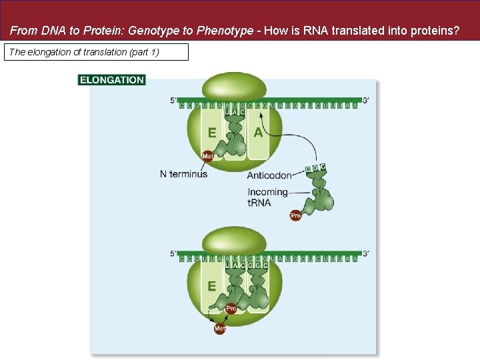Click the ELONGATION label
pos(111,80)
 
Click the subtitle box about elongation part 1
pos(96,52)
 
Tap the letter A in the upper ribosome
pos(258,133)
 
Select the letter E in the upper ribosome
pos(212,133)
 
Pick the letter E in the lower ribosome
pos(212,286)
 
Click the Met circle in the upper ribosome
pos(207,156)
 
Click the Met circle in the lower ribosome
pos(220,329)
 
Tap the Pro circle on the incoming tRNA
pos(296,215)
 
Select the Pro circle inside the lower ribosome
pos(231,309)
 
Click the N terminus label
pos(183,174)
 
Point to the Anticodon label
pos(269,175)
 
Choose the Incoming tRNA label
pos(267,197)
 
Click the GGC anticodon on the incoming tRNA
pos(315,168)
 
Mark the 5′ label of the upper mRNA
pos(173,101)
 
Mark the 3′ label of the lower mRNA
pos(365,253)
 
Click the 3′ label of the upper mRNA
pos(365,101)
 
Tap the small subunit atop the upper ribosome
pos(234,87)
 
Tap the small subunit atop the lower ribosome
pos(234,240)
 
